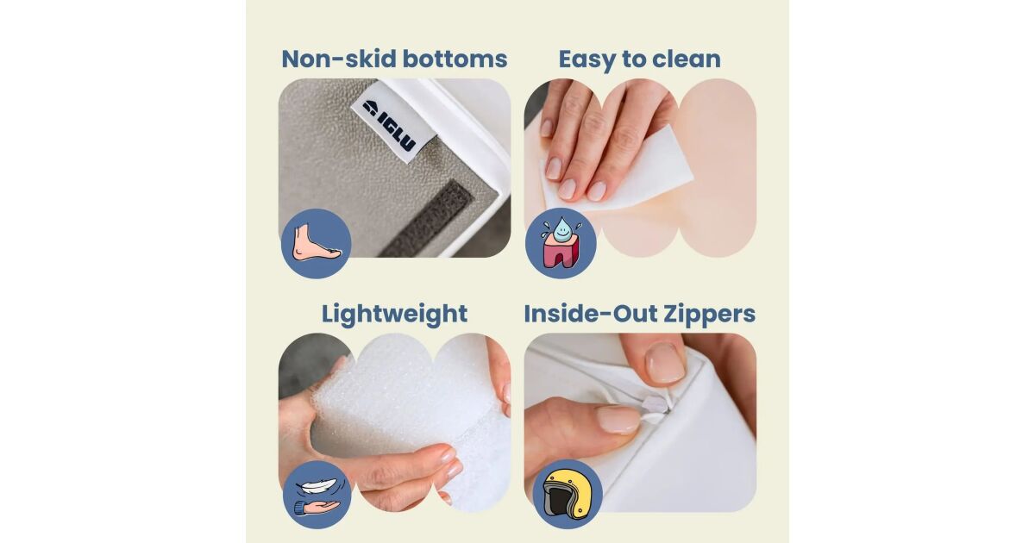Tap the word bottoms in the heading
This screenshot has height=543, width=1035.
[x=455, y=59]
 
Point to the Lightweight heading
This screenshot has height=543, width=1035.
[x=395, y=315]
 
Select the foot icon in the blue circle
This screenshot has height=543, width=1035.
[x=317, y=242]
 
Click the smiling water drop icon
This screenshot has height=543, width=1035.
[x=561, y=230]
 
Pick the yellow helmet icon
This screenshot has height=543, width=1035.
[x=567, y=494]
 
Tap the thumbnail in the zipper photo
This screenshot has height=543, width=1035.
[x=618, y=419]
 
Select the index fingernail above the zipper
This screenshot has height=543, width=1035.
[x=664, y=364]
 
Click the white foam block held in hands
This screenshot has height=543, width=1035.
[x=406, y=406]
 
